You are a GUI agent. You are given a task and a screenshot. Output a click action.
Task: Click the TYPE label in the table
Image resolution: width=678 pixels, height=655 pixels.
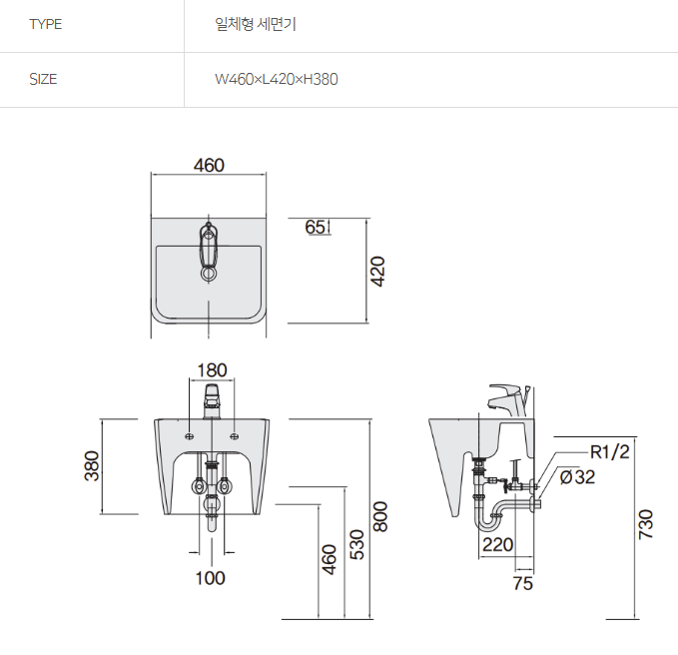coord(45,25)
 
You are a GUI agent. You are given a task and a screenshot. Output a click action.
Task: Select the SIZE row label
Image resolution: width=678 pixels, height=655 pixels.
coord(43,79)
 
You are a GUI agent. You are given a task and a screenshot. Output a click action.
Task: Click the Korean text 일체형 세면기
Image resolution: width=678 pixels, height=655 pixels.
coord(256,25)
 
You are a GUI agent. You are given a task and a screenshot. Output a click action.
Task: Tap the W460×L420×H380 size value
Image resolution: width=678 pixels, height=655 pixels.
coord(277,79)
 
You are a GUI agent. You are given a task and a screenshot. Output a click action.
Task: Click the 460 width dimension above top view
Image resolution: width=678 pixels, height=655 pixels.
coord(208,165)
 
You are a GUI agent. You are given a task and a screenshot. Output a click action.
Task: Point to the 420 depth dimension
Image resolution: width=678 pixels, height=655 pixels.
coord(378,270)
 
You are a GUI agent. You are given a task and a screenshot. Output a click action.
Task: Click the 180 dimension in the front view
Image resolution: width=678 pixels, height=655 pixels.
coord(211,369)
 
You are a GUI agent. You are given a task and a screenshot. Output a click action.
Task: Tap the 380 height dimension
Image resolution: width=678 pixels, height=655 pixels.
coord(92,466)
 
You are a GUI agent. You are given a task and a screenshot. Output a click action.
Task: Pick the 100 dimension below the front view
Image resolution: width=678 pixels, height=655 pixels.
coord(210,577)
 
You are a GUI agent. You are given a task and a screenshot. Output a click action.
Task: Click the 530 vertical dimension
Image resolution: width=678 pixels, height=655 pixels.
coord(355,544)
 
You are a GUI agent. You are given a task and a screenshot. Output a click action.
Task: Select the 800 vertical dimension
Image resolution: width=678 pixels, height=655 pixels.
coord(379,515)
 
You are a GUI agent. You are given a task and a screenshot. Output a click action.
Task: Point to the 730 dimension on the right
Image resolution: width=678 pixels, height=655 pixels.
coord(645,525)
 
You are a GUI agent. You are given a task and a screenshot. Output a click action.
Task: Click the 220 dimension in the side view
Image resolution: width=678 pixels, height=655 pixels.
coord(497,545)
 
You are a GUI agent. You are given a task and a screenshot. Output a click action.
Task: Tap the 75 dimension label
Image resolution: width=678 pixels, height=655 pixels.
coord(522,584)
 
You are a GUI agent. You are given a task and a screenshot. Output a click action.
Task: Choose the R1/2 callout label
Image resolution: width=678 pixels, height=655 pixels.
coord(609,451)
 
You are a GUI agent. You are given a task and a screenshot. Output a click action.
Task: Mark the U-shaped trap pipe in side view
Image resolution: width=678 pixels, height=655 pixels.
coord(489,517)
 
